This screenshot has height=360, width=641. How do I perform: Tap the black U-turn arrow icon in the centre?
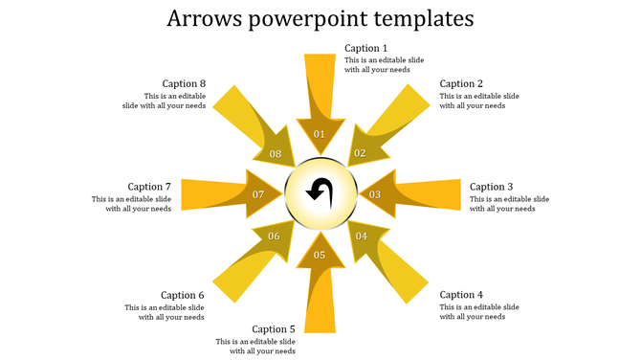[x=320, y=192]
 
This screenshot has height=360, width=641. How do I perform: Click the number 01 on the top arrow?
[x=320, y=134]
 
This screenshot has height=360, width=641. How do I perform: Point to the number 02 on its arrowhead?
[x=361, y=153]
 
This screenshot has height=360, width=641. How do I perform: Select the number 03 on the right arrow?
[x=375, y=194]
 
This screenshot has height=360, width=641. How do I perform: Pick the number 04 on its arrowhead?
[x=362, y=236]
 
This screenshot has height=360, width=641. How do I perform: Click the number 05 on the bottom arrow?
[x=320, y=255]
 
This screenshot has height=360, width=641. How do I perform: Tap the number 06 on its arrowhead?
[x=275, y=236]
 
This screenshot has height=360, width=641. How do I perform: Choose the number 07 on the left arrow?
[x=258, y=194]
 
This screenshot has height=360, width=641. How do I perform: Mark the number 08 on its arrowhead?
[x=276, y=154]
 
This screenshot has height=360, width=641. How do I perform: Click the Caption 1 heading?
[x=366, y=49]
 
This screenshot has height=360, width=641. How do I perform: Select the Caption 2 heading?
[x=461, y=84]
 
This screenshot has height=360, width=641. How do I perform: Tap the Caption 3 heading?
[x=492, y=187]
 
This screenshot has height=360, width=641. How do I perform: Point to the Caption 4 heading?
[x=461, y=295]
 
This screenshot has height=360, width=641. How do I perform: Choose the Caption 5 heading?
[x=274, y=329]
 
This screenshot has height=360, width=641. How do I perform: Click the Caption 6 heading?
[x=183, y=295]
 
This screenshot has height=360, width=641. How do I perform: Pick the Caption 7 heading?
[x=149, y=187]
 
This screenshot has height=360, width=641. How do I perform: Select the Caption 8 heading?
[x=184, y=84]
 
